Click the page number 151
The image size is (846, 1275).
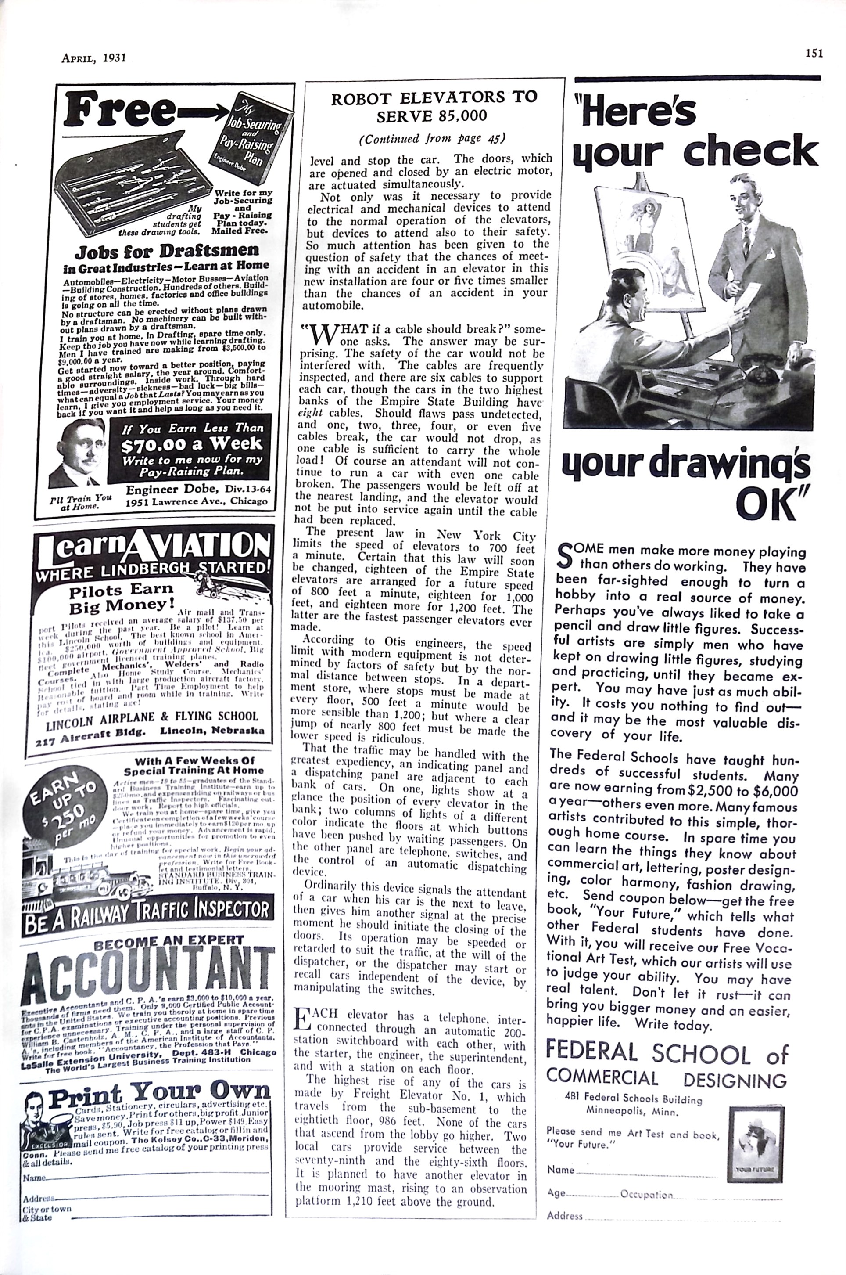point(814,53)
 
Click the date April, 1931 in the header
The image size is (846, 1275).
point(94,58)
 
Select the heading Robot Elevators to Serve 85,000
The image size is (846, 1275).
point(434,106)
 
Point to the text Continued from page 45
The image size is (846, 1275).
point(433,138)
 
